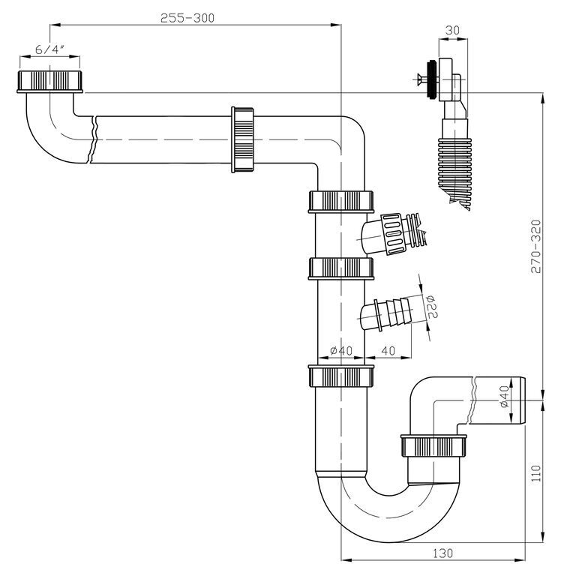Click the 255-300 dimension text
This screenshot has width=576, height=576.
tap(187, 18)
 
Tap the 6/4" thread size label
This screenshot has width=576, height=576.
tap(50, 49)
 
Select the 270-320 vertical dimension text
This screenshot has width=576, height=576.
tap(536, 247)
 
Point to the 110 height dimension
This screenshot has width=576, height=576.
tap(536, 473)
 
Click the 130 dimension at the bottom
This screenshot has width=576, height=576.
tap(442, 553)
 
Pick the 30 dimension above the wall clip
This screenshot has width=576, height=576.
tap(452, 30)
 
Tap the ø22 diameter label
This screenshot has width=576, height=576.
tap(432, 306)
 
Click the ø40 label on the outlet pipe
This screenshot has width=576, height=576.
tap(504, 397)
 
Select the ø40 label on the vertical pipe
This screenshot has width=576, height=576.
tap(341, 350)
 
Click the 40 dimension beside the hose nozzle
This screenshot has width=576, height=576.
tap(388, 350)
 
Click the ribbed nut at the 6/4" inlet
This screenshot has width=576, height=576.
tap(50, 81)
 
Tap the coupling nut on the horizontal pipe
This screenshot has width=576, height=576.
tap(242, 139)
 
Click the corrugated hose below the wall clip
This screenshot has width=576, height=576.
tap(454, 169)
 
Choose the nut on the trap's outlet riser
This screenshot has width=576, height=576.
tap(433, 445)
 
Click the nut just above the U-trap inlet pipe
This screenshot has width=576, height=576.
tap(341, 376)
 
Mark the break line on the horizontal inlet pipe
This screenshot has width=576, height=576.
tap(92, 139)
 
